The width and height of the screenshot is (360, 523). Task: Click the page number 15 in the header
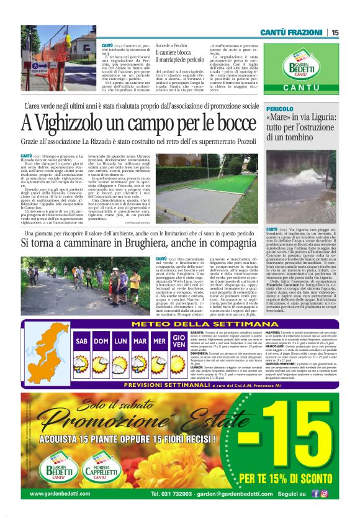335,32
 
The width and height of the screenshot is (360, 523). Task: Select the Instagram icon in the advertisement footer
325,494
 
